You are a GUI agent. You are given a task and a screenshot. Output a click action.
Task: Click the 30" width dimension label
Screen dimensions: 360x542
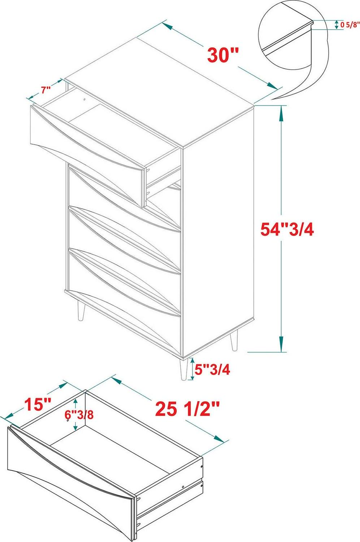pyautogui.click(x=223, y=55)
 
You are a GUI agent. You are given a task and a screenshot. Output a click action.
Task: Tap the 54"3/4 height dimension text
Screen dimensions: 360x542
pyautogui.click(x=287, y=229)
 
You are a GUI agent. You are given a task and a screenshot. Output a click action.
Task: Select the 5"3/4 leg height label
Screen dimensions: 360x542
pyautogui.click(x=212, y=370)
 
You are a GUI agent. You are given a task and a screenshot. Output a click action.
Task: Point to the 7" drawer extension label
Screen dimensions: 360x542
pyautogui.click(x=45, y=90)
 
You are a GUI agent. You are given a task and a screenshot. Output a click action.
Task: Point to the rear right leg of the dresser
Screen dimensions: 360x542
pyautogui.click(x=234, y=340)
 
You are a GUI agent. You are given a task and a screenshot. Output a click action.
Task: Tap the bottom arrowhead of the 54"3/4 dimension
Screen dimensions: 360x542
pyautogui.click(x=281, y=344)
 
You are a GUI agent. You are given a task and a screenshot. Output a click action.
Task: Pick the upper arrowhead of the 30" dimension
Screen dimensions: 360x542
pyautogui.click(x=167, y=26)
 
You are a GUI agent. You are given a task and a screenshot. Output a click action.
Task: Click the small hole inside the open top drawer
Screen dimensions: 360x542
pyautogui.click(x=85, y=99)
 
